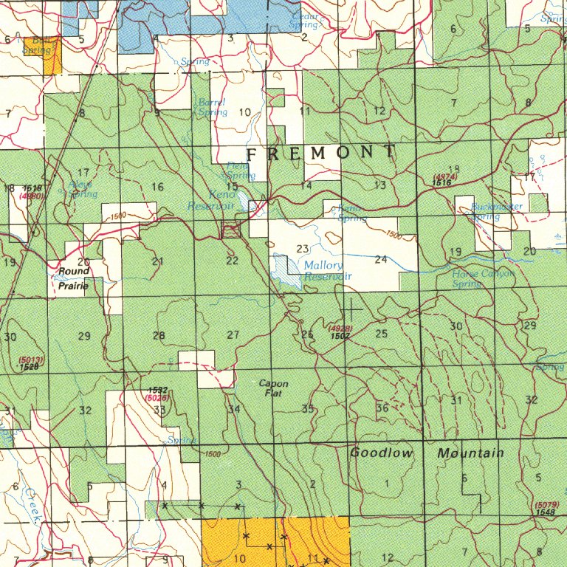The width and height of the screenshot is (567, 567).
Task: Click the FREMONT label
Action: [320, 154]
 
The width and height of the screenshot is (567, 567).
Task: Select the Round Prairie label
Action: [74, 278]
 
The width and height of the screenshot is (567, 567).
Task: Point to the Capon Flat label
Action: [273, 388]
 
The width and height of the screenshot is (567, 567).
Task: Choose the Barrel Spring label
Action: [212, 107]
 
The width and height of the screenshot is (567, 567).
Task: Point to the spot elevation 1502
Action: [340, 336]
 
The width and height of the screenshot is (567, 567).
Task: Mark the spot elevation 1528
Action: [29, 367]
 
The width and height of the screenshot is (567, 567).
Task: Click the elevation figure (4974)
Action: [446, 177]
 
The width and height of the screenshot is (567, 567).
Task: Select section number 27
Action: [233, 335]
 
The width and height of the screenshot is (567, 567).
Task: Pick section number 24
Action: [380, 260]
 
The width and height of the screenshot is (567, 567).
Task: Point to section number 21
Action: [157, 261]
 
